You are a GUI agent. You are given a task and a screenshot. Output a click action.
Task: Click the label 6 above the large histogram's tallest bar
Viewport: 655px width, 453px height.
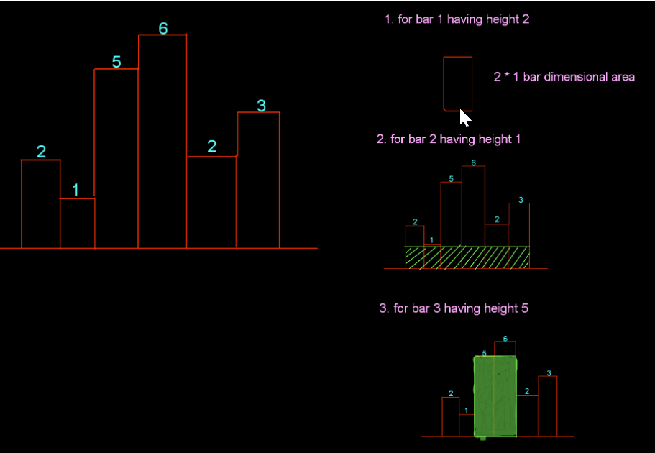click(x=163, y=29)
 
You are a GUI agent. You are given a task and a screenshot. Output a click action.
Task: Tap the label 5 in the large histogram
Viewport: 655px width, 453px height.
click(x=116, y=63)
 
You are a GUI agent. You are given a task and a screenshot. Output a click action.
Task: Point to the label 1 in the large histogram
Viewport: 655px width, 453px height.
click(x=75, y=191)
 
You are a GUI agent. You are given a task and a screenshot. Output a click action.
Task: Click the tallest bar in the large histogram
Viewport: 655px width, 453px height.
click(x=162, y=144)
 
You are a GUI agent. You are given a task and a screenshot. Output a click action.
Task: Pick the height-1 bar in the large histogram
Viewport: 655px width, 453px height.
click(x=78, y=224)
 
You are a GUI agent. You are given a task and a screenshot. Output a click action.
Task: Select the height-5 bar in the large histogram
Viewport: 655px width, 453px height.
click(x=116, y=158)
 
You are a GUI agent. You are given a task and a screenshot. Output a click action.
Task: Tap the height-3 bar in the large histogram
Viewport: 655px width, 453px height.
click(x=258, y=180)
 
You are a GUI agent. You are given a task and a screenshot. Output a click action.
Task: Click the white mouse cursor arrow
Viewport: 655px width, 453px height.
click(x=465, y=118)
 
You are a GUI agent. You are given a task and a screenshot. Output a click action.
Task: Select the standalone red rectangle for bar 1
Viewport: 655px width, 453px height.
click(x=458, y=83)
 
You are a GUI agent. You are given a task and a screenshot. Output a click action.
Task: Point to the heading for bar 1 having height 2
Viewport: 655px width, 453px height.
click(x=457, y=19)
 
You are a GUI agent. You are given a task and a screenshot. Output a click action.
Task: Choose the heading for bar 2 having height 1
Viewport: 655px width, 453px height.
click(x=449, y=139)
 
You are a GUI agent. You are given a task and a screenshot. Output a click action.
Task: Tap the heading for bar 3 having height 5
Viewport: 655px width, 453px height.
click(x=454, y=308)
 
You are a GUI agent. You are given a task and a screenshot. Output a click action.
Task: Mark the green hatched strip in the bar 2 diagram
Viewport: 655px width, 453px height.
click(x=467, y=257)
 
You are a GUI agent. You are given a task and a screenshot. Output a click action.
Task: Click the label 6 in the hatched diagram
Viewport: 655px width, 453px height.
click(x=473, y=163)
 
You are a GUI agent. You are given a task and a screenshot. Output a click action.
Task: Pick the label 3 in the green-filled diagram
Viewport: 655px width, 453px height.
click(x=549, y=373)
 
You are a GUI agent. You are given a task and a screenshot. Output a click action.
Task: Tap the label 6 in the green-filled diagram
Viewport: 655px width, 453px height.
click(x=505, y=338)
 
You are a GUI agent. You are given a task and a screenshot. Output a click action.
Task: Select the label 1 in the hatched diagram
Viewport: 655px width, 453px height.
click(x=431, y=239)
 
